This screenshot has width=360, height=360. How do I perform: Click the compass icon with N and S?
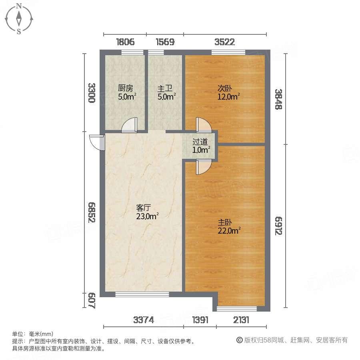click(18, 18)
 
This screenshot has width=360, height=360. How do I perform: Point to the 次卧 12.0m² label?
click(228, 92)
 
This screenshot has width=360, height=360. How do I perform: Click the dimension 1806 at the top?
click(125, 42)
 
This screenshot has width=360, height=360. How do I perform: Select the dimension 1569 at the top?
click(165, 42)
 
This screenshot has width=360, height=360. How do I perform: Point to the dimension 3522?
click(224, 42)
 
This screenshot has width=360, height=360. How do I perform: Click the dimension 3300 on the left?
click(92, 93)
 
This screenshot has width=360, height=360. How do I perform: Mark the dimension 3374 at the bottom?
click(143, 320)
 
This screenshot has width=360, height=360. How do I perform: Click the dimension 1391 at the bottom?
click(200, 320)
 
